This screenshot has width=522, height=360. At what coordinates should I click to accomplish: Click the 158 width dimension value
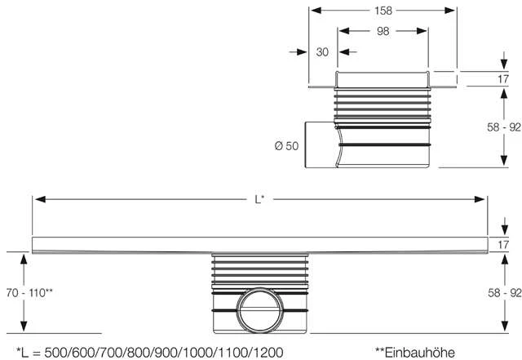[383, 11]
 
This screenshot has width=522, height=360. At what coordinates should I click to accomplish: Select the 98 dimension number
[383, 31]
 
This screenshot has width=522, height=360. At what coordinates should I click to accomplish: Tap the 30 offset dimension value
[322, 52]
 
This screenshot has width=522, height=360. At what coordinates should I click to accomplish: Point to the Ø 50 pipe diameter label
[286, 146]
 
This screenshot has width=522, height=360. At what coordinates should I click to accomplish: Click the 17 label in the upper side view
[503, 79]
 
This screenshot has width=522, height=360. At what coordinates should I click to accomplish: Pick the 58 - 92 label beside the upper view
[504, 127]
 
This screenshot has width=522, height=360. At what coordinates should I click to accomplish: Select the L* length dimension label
[259, 199]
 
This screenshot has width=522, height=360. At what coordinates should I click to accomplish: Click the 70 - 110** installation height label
[29, 293]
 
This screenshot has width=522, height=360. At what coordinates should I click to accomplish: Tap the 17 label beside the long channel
[503, 245]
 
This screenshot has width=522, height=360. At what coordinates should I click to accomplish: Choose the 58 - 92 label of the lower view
[504, 293]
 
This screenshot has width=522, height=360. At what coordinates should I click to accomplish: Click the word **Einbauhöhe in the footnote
[415, 353]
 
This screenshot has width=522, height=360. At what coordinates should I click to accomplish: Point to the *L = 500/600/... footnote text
[150, 353]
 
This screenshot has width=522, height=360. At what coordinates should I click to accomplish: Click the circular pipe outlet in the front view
[260, 310]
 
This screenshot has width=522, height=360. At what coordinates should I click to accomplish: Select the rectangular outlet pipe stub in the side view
[321, 144]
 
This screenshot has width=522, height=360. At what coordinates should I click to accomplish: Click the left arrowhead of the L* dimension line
[40, 199]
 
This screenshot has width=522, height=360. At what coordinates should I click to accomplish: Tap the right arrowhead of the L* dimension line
[480, 199]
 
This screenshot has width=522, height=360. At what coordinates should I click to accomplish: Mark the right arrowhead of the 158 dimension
[449, 11]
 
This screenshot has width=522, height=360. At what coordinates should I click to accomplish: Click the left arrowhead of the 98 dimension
[344, 31]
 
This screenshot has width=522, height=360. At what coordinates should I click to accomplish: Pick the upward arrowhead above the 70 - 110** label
[24, 260]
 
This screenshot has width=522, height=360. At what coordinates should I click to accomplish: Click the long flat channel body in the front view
[260, 245]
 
